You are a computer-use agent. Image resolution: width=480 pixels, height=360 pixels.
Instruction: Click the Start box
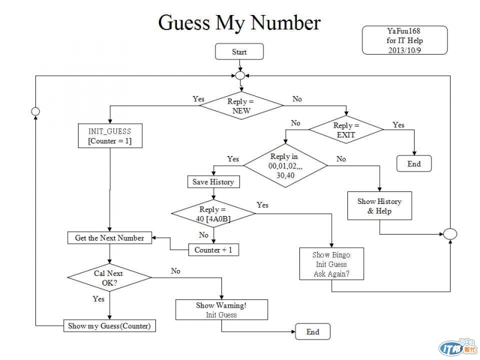click(x=239, y=52)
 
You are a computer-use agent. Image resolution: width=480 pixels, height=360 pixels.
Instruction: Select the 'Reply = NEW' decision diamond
click(x=241, y=106)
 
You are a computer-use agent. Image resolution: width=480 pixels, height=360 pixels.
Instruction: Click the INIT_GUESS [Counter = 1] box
click(x=110, y=136)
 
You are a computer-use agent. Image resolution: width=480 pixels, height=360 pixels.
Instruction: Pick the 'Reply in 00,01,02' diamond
click(x=286, y=166)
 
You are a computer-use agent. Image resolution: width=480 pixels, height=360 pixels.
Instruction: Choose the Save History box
click(x=213, y=181)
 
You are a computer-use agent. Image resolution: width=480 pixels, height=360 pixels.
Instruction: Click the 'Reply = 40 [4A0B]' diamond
click(x=214, y=214)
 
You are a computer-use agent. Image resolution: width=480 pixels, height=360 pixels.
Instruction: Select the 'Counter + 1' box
click(x=213, y=250)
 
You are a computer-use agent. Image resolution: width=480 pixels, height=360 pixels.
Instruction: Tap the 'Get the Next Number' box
click(x=109, y=238)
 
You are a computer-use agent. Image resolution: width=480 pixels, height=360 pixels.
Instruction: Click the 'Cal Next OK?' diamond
click(x=109, y=277)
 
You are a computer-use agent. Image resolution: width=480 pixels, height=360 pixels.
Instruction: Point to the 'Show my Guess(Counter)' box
click(x=109, y=326)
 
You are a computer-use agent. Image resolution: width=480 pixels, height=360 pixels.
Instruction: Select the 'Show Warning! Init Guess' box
click(x=221, y=310)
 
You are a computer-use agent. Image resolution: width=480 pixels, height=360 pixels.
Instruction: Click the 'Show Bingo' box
click(x=331, y=264)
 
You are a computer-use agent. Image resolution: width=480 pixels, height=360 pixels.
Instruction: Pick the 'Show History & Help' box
click(x=380, y=206)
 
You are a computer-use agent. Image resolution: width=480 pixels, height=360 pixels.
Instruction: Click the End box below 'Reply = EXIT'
click(x=414, y=164)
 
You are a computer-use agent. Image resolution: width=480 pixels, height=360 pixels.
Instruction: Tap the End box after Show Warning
click(x=313, y=332)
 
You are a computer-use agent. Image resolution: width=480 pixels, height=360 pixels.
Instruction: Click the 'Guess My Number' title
click(x=239, y=23)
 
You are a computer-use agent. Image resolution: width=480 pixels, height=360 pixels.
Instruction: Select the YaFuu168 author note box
click(x=405, y=40)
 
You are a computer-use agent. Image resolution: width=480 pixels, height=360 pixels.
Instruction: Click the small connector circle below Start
click(x=239, y=76)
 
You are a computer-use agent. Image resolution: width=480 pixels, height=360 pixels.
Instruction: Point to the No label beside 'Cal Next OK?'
click(x=176, y=271)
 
